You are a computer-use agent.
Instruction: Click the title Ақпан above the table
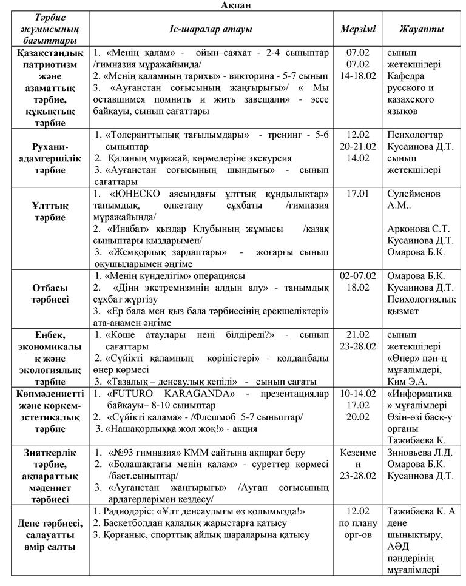(x=232, y=5)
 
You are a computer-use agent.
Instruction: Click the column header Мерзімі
(x=358, y=29)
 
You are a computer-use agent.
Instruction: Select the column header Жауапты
(x=421, y=29)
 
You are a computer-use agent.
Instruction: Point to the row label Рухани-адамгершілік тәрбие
(x=44, y=158)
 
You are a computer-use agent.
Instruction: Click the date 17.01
(x=358, y=194)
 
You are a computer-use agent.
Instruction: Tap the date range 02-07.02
(x=358, y=276)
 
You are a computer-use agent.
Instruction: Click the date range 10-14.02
(x=358, y=394)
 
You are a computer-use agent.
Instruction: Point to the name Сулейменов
(x=417, y=194)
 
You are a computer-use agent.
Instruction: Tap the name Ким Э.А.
(x=407, y=382)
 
